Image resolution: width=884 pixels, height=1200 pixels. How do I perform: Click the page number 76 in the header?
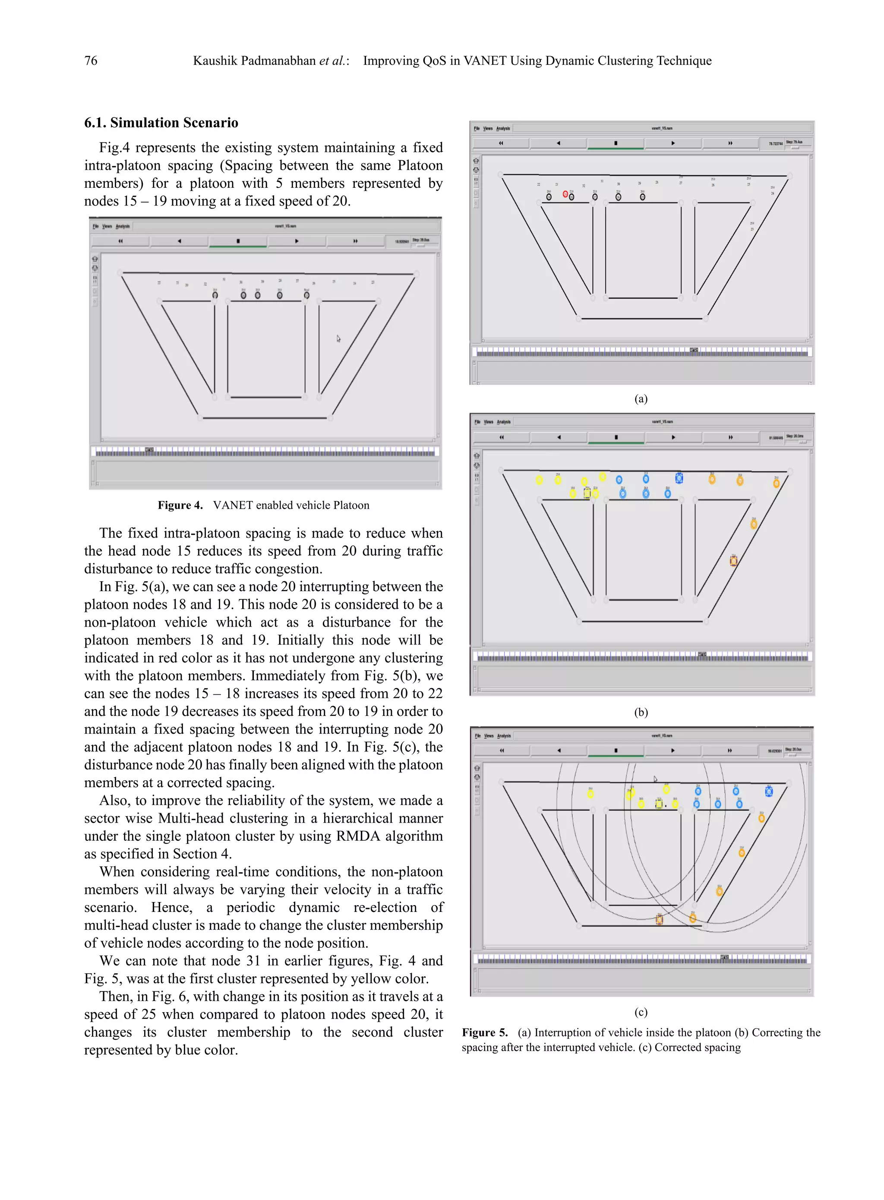[x=91, y=61]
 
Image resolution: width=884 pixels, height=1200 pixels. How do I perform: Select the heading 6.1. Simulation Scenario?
[x=161, y=123]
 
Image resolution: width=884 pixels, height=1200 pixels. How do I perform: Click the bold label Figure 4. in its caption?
[x=180, y=505]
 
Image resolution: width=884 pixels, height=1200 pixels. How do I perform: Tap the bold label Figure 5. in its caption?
[x=484, y=1032]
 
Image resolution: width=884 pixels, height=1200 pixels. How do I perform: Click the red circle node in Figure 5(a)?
[x=565, y=194]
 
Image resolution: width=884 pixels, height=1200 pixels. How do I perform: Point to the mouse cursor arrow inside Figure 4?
[x=338, y=338]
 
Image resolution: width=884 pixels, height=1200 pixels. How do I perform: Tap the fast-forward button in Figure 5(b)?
[x=730, y=437]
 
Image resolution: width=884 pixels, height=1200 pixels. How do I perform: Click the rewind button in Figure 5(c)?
[x=502, y=750]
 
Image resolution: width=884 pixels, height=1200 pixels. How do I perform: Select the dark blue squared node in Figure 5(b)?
[x=679, y=478]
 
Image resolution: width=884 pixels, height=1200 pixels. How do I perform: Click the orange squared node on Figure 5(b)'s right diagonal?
[x=734, y=561]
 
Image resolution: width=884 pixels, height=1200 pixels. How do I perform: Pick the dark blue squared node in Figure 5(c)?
[x=768, y=792]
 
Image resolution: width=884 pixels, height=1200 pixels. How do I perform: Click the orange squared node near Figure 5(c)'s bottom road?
[x=659, y=919]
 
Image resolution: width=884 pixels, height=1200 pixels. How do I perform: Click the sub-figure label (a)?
[x=641, y=399]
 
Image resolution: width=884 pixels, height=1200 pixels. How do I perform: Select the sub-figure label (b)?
[x=641, y=712]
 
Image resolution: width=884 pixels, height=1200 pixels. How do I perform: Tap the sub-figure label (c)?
[x=641, y=1012]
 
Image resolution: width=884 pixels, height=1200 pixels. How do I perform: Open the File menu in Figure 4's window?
[x=96, y=226]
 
